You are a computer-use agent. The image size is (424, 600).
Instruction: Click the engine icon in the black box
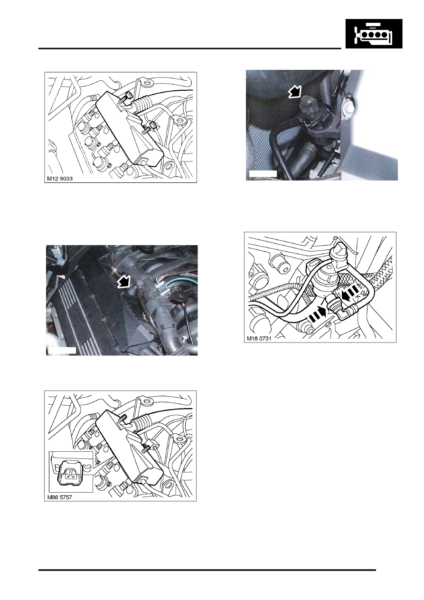(x=374, y=34)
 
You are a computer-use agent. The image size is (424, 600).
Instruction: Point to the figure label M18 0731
(x=259, y=338)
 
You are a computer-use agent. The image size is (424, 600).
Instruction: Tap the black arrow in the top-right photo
(x=295, y=92)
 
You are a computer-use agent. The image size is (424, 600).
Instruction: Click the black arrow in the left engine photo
(x=125, y=282)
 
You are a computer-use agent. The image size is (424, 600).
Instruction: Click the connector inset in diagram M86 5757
(x=71, y=472)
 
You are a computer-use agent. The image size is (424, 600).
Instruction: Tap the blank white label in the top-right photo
(x=263, y=173)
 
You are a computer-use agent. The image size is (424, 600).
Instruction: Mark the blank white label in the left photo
(x=62, y=351)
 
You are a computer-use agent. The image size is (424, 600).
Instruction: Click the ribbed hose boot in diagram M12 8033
(x=141, y=105)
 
